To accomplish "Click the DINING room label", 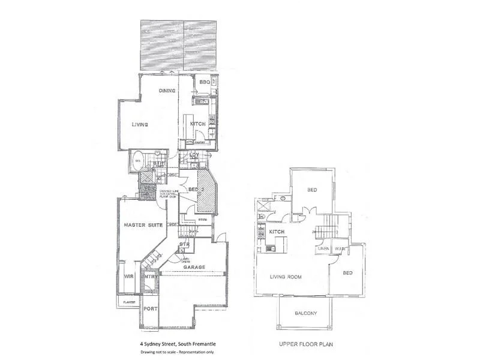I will click(x=166, y=91).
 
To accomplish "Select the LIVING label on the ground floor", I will click(x=140, y=124).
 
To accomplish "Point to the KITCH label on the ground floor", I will click(x=198, y=124).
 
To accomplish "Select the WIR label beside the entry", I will click(x=128, y=277).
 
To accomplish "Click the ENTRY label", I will click(x=150, y=277).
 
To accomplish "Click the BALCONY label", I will click(x=306, y=314).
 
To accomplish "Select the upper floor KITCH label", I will click(x=277, y=232).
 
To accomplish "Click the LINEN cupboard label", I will click(x=324, y=248).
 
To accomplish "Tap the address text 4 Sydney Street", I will click(x=173, y=343).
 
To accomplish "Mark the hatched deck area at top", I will click(x=183, y=46).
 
